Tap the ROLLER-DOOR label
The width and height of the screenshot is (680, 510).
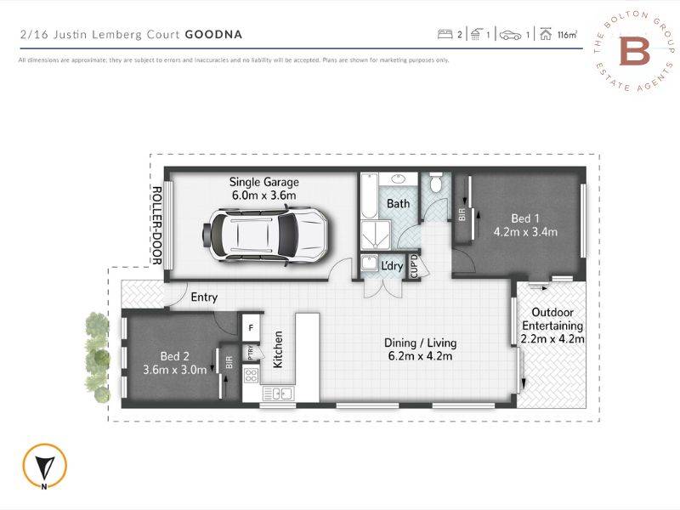156,224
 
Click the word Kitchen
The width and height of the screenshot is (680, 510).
278,348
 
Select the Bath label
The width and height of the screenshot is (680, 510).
398,204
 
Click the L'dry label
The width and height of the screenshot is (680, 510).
392,266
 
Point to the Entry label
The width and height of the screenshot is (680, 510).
204,297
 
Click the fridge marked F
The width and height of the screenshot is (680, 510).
252,326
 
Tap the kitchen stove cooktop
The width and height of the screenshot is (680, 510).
252,374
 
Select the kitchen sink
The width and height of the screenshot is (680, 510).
278,393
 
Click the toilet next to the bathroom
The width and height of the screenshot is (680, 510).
436,184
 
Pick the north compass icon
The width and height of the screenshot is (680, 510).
43,466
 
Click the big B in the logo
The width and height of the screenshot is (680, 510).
634,51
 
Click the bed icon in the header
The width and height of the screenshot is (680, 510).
445,35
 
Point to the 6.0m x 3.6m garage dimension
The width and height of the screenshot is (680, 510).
264,195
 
